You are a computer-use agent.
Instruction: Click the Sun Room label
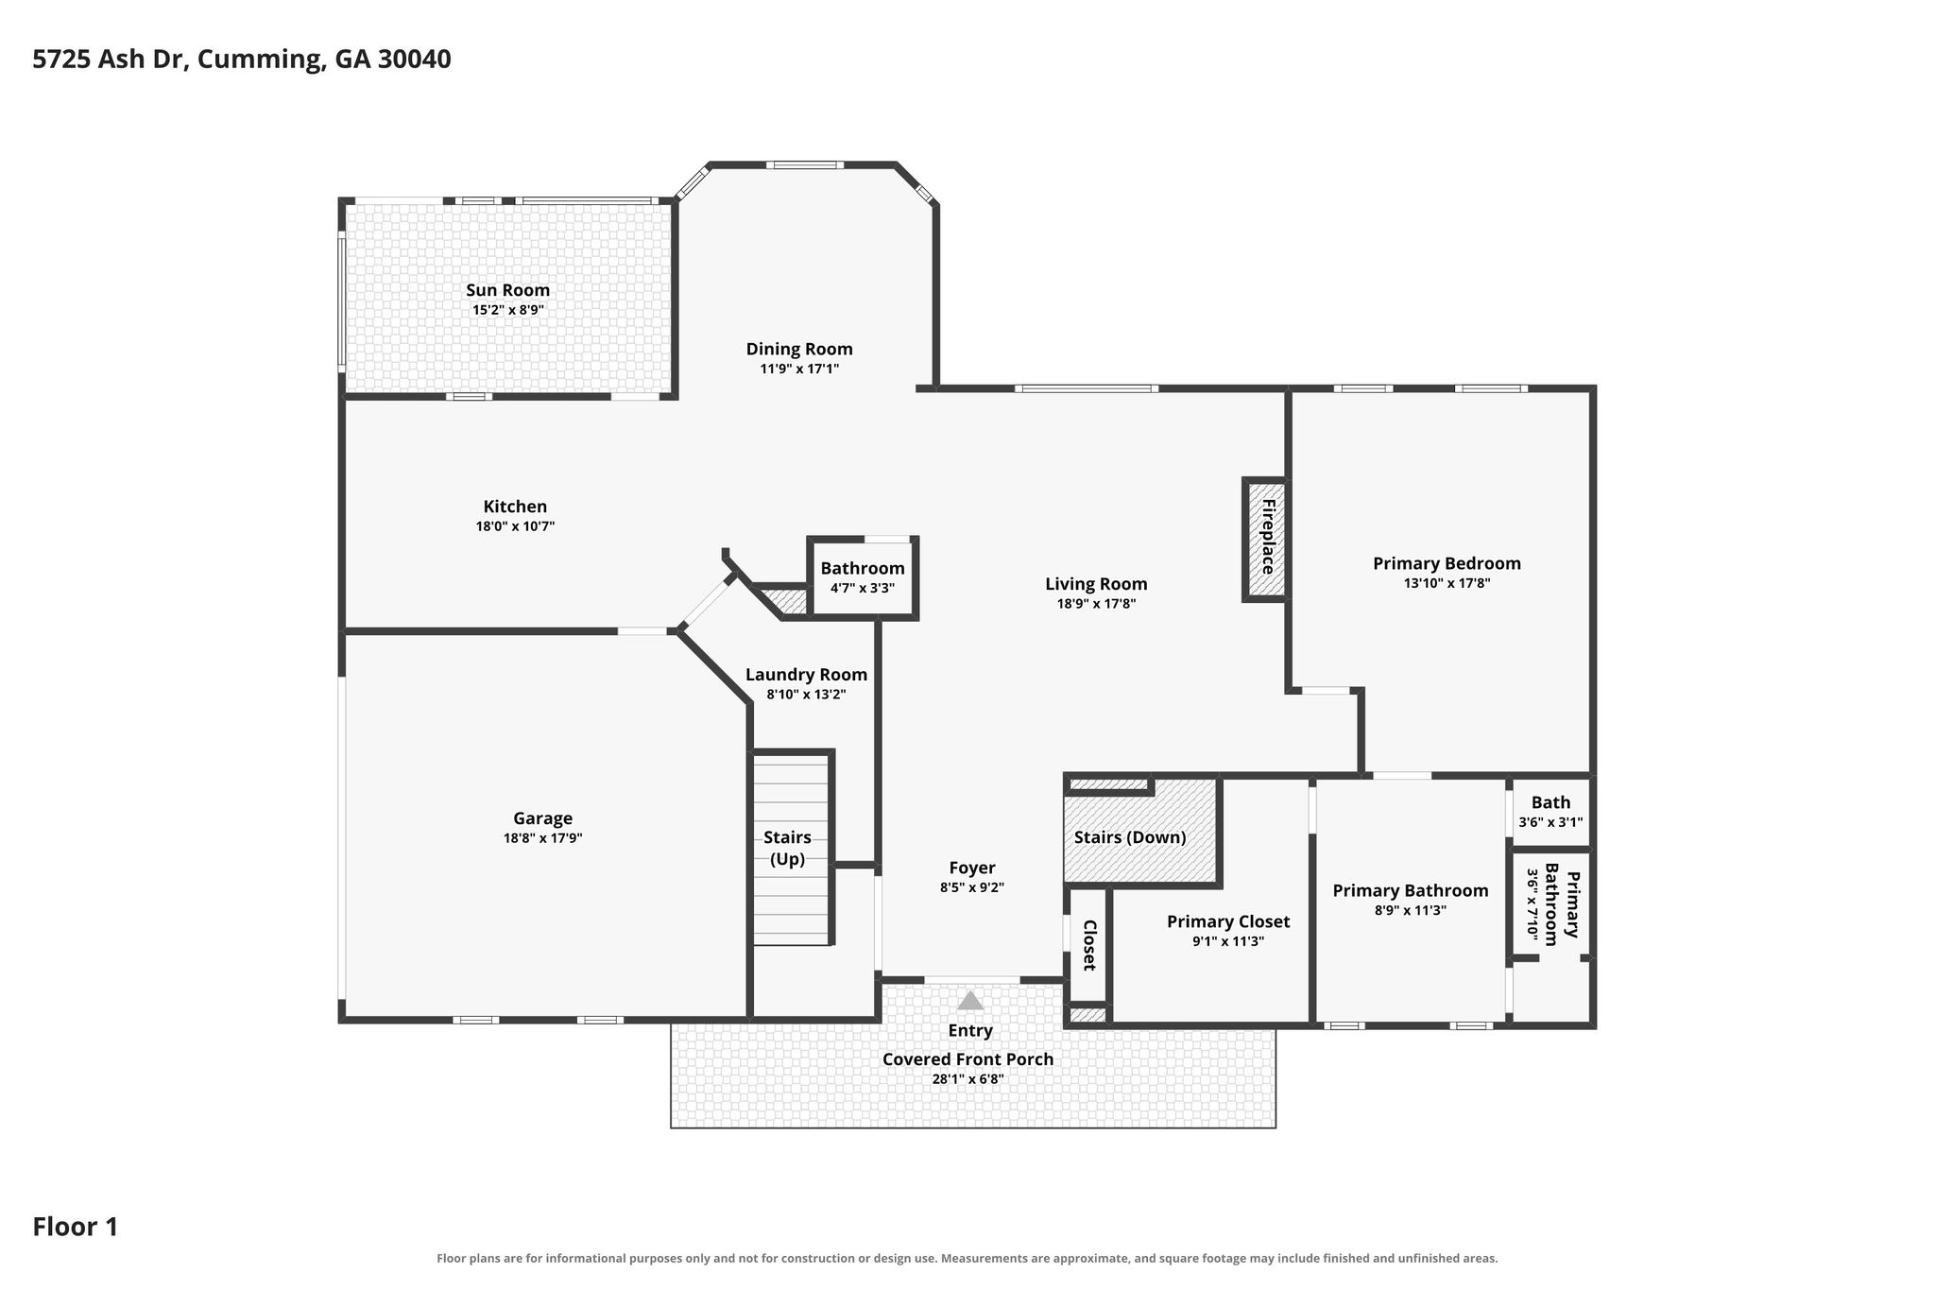pos(507,290)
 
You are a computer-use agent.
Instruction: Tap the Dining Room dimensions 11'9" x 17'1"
pos(799,369)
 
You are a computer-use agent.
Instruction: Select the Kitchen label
pos(515,507)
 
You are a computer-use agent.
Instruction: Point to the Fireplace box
pos(1265,539)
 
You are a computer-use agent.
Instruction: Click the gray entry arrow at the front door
pos(970,1001)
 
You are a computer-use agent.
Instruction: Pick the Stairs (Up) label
pos(787,848)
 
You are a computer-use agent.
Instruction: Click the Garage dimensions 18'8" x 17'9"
pos(542,837)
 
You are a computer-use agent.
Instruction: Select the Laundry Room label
pos(806,675)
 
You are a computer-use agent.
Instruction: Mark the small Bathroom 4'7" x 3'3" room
pos(863,577)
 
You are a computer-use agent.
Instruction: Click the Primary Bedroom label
pos(1447,563)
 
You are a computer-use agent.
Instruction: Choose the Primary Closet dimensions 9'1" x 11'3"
pos(1227,941)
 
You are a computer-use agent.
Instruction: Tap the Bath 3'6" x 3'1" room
pos(1550,811)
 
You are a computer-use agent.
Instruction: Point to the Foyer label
pos(972,868)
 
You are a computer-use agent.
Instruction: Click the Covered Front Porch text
pos(967,1059)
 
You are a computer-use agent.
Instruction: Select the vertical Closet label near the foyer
pos(1088,945)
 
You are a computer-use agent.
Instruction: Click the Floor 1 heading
pos(76,1227)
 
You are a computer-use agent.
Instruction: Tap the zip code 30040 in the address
pos(414,60)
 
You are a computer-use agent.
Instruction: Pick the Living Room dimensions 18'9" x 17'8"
pos(1096,604)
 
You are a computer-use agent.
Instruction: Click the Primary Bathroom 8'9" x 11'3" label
pos(1410,900)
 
